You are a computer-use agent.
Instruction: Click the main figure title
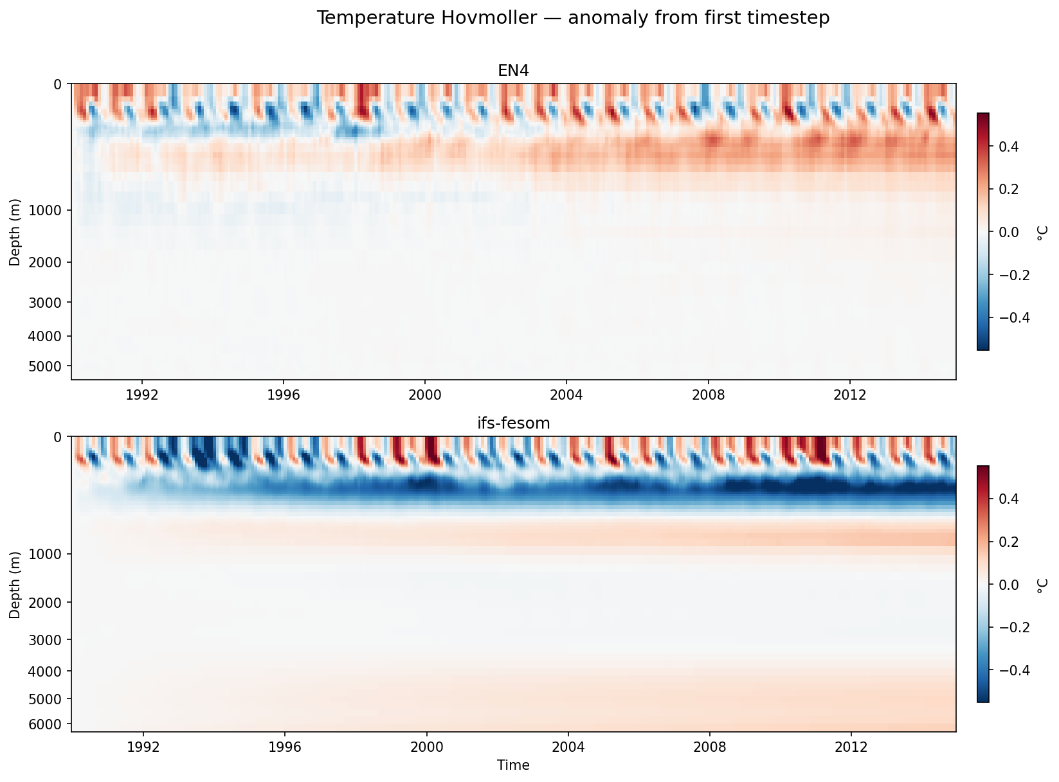tap(573, 18)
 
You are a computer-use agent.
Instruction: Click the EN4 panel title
tap(513, 71)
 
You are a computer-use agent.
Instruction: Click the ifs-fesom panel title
tap(513, 423)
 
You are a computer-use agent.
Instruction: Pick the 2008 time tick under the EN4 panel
tap(708, 395)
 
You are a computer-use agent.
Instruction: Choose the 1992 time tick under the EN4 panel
tap(142, 395)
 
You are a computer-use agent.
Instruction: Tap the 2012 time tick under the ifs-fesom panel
tap(851, 747)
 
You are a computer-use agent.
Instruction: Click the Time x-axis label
tap(513, 765)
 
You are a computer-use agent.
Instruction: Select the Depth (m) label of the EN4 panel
tap(15, 232)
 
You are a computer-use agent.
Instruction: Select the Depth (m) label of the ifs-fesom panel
tap(15, 584)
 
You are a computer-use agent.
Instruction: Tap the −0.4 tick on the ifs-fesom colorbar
tap(1013, 670)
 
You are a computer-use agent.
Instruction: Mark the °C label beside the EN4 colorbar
tap(1042, 232)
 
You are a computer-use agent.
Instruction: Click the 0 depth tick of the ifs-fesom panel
tap(58, 437)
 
